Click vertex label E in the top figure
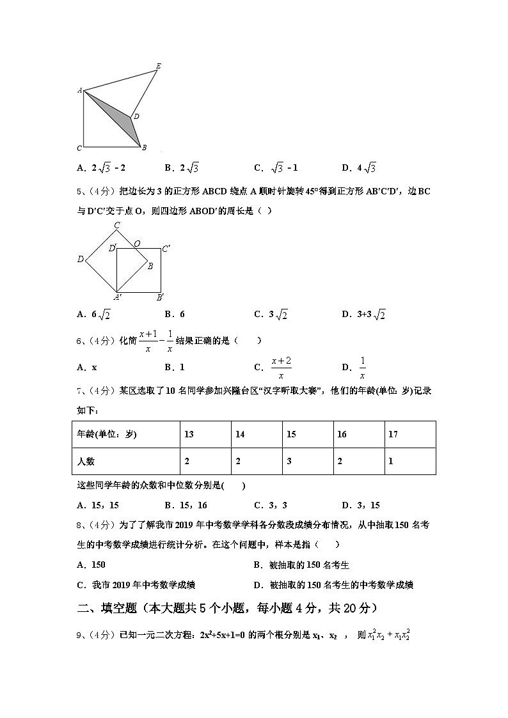pos(158,65)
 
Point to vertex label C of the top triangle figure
pos(79,148)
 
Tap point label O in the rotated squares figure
pos(137,244)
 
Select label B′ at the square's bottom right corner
pos(160,297)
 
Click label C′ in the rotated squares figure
pos(166,249)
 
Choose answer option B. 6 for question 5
pos(174,314)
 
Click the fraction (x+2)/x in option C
pos(281,368)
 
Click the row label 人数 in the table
pos(86,461)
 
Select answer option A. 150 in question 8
pos(91,565)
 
